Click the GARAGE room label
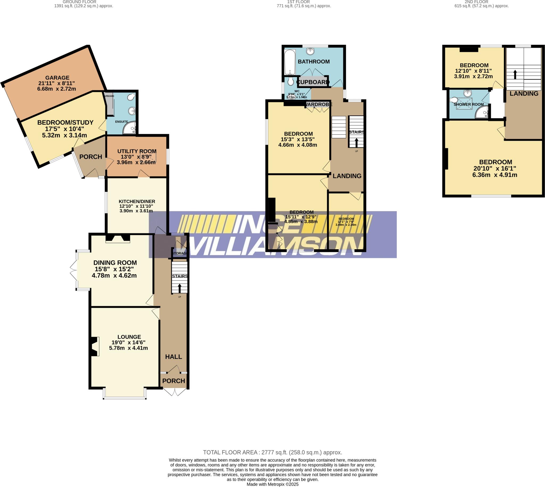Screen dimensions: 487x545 click(x=57, y=78)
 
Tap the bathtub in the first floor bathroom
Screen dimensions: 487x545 click(x=290, y=62)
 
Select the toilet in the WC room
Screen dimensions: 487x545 click(x=290, y=81)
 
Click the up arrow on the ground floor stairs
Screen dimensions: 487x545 click(x=179, y=289)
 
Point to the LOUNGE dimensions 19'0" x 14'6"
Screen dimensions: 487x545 click(x=129, y=343)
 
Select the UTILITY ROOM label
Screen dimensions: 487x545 click(x=137, y=151)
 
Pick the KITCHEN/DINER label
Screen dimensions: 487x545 click(x=137, y=202)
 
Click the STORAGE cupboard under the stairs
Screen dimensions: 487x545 click(x=179, y=253)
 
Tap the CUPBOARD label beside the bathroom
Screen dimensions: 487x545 click(x=313, y=82)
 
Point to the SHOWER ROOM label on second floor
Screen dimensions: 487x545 click(x=468, y=104)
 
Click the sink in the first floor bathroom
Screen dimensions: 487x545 click(x=310, y=51)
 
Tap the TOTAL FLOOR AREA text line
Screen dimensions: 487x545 click(x=272, y=452)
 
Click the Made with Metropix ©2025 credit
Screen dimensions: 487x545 click(x=272, y=484)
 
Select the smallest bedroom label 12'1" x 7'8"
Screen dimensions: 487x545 click(x=346, y=222)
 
